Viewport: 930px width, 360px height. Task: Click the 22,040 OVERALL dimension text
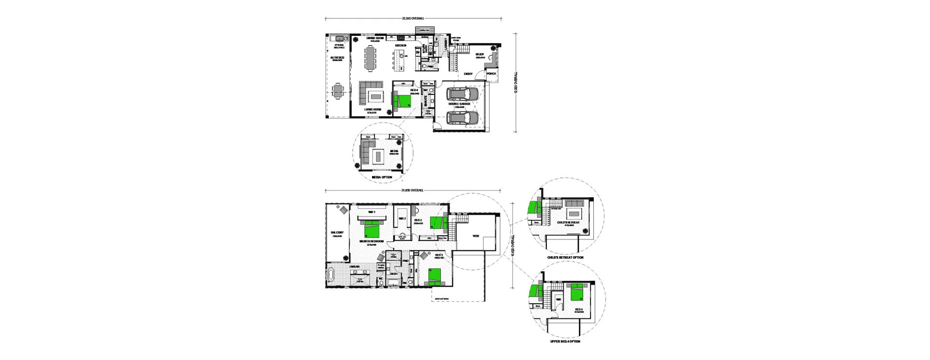413,18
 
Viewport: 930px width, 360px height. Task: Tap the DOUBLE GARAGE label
459,104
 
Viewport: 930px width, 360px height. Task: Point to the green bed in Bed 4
402,101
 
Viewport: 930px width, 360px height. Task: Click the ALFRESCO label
337,58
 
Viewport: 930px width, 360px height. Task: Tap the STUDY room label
480,55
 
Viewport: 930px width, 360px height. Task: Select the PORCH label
491,74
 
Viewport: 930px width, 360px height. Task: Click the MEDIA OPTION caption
382,177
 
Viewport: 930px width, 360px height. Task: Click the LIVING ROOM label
373,110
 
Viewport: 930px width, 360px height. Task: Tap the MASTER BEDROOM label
372,241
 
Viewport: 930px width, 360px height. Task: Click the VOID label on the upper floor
476,236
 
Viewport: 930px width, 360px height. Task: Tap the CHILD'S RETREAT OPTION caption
565,257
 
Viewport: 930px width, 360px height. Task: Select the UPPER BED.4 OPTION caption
565,342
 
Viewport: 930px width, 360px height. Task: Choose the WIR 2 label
402,219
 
